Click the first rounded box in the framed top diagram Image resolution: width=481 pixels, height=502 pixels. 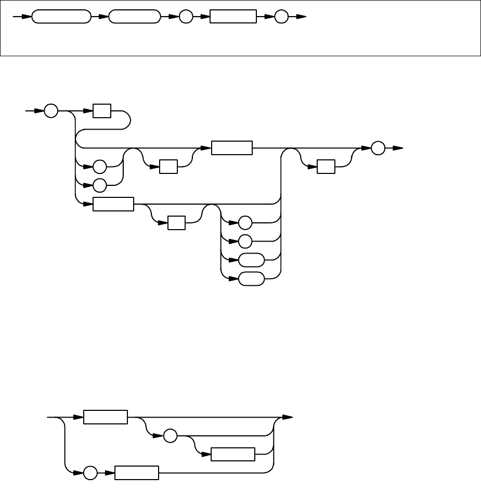61,17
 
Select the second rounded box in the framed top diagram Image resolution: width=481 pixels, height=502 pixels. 135,17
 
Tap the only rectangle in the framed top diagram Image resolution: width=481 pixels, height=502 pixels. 233,17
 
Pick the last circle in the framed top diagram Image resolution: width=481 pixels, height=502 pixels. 281,17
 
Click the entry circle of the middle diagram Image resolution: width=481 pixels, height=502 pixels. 51,111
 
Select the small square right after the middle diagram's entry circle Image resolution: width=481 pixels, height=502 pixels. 102,111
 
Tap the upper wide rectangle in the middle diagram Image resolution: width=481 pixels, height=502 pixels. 231,148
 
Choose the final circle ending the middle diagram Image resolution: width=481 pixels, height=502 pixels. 379,148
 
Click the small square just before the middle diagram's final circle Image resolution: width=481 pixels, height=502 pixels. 326,167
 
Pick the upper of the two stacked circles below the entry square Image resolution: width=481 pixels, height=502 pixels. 99,167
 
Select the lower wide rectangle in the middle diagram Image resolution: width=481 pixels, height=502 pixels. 113,204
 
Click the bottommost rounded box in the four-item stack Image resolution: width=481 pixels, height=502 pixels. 252,279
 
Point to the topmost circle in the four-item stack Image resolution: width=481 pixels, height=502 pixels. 245,223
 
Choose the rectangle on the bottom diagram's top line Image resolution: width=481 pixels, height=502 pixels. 106,418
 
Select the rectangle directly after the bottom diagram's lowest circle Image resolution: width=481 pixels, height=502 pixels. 136,473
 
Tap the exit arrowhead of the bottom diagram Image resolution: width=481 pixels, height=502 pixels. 287,418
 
